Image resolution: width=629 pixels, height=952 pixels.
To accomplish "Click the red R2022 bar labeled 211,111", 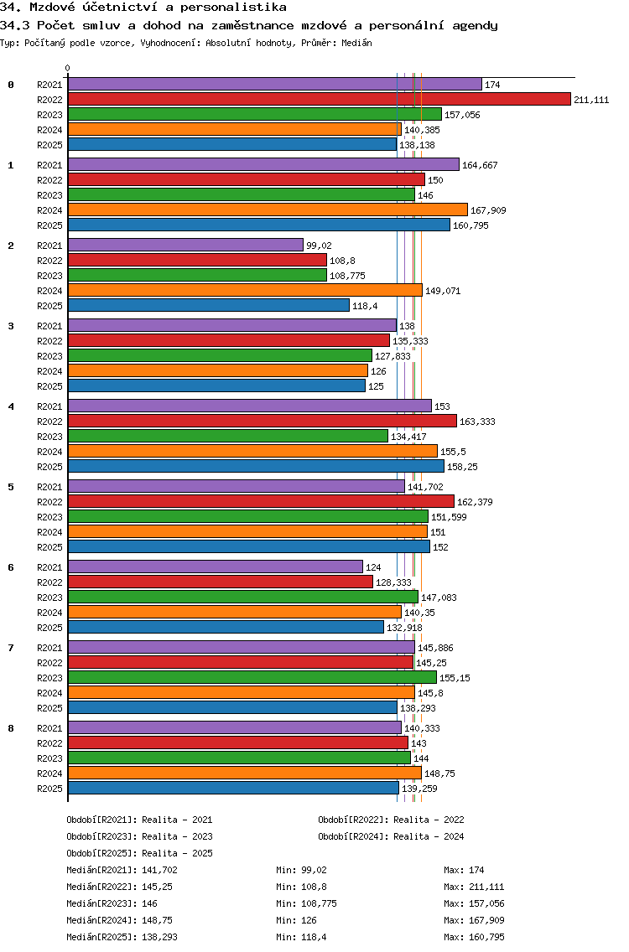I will (319, 99).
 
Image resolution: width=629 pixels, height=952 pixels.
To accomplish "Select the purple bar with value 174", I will (274, 84).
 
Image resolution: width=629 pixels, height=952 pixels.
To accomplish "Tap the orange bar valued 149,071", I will (245, 290).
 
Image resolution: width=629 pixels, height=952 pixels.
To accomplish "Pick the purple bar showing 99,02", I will (185, 245).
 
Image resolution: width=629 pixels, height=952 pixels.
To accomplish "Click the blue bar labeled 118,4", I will (208, 305).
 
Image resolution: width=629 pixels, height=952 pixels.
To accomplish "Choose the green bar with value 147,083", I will (242, 597).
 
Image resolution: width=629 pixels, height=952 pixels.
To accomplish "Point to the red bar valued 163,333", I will (262, 421).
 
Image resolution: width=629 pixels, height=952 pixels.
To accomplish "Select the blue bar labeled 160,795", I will (258, 225).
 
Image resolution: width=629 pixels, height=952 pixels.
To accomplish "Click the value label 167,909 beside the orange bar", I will (488, 210).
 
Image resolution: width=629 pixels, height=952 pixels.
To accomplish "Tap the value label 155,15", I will (455, 678).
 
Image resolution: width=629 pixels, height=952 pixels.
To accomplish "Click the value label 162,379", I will (476, 502).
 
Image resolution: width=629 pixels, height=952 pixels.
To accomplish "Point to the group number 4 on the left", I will (11, 406).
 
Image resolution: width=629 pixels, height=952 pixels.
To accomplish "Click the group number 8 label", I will (11, 728).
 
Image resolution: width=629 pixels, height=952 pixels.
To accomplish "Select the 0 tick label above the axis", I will (68, 69).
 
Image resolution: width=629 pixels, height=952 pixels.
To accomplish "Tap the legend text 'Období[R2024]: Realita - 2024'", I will (391, 836).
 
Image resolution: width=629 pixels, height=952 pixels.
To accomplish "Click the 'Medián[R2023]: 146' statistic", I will (112, 903).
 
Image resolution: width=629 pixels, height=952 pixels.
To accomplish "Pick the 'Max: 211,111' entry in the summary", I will (474, 887).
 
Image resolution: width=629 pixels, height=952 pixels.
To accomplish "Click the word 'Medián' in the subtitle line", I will (358, 42).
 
